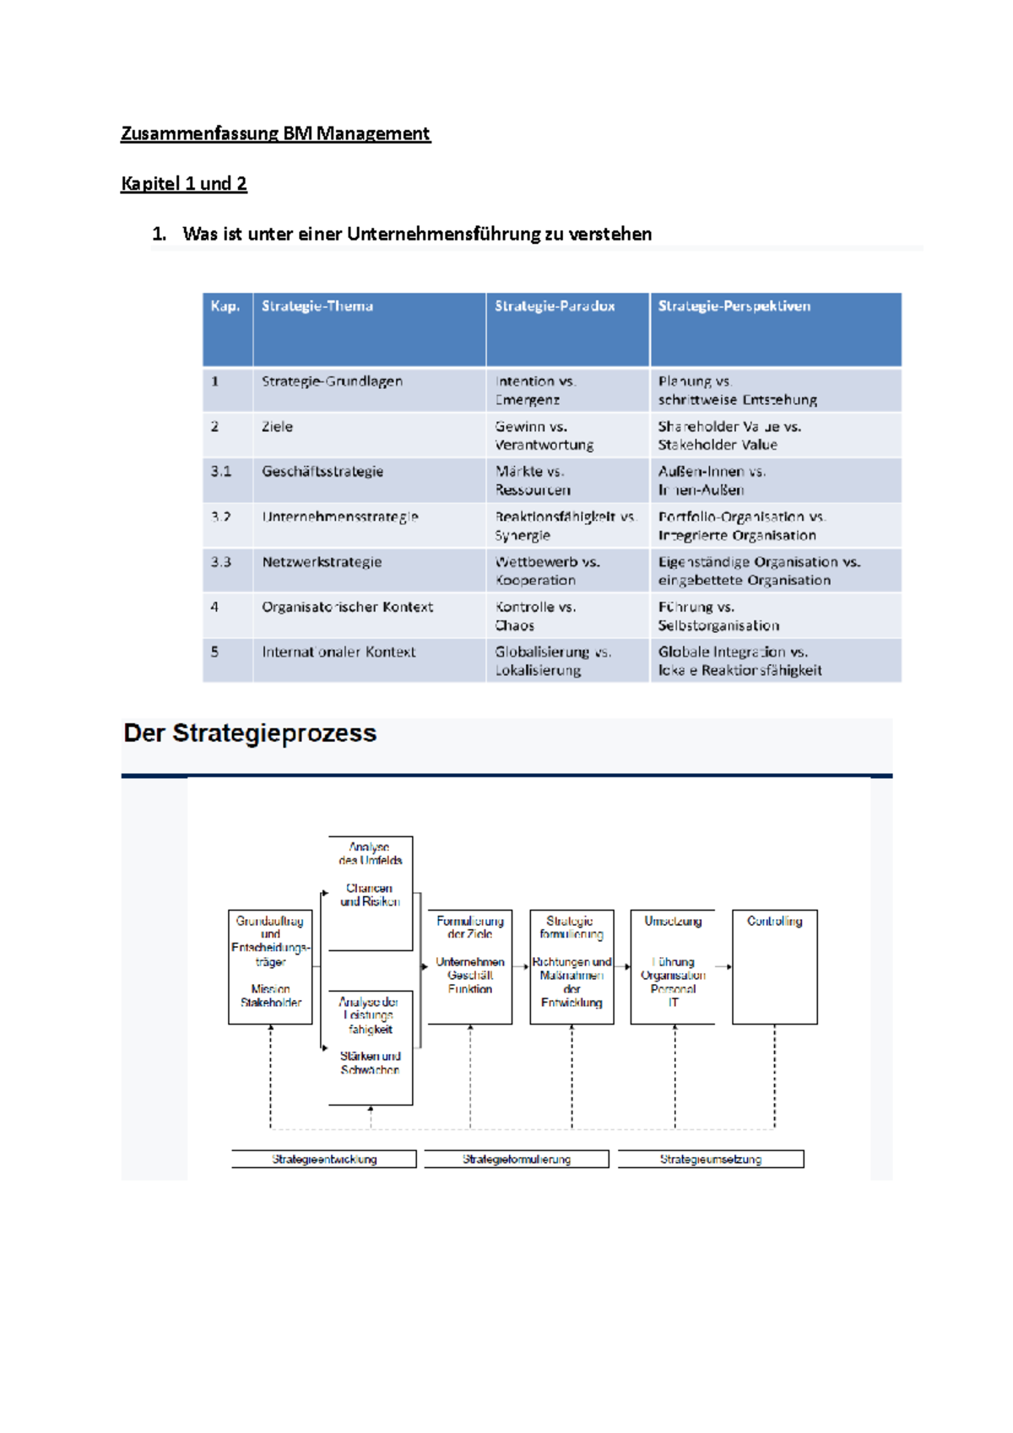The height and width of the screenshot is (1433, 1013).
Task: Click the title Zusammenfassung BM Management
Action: click(275, 133)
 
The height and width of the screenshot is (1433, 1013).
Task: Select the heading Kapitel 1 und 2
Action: click(184, 184)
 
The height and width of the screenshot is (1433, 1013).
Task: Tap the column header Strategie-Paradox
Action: click(555, 306)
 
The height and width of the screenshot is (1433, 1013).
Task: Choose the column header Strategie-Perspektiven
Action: click(734, 306)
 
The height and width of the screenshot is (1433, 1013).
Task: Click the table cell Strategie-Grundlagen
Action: click(332, 381)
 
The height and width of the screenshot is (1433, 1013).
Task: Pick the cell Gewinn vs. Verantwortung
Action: click(544, 435)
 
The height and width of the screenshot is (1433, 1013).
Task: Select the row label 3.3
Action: click(221, 562)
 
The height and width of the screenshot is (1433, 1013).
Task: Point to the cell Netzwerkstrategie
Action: click(322, 562)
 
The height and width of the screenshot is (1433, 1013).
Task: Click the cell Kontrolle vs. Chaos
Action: click(535, 616)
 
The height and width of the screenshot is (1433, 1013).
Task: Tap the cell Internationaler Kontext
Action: click(339, 652)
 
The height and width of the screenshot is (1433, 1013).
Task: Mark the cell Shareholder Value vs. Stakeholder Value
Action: click(729, 435)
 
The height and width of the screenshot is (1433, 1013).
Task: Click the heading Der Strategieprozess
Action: click(250, 733)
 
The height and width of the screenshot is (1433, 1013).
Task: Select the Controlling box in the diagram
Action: click(774, 966)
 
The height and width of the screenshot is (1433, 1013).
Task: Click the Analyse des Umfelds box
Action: click(370, 892)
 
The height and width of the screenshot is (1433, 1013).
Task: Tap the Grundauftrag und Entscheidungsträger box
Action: click(270, 966)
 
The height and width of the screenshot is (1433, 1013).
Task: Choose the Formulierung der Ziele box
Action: click(469, 966)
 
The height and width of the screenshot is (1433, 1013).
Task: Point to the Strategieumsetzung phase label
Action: click(710, 1160)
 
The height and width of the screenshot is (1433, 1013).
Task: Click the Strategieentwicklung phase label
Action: click(324, 1160)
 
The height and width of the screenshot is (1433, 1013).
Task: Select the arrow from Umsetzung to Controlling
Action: click(723, 966)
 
